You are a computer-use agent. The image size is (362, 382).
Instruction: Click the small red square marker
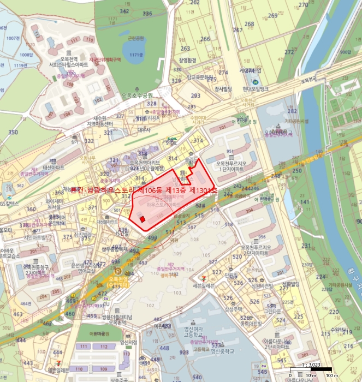(x=142, y=219)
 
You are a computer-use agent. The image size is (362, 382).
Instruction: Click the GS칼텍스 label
(x=10, y=203)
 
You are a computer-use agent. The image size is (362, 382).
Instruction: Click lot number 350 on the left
(x=13, y=132)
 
